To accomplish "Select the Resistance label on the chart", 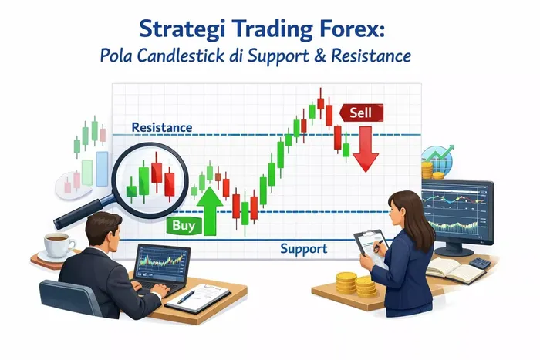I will coord(162,127).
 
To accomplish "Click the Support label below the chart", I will coord(303,249).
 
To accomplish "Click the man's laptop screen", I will coord(163,262).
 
